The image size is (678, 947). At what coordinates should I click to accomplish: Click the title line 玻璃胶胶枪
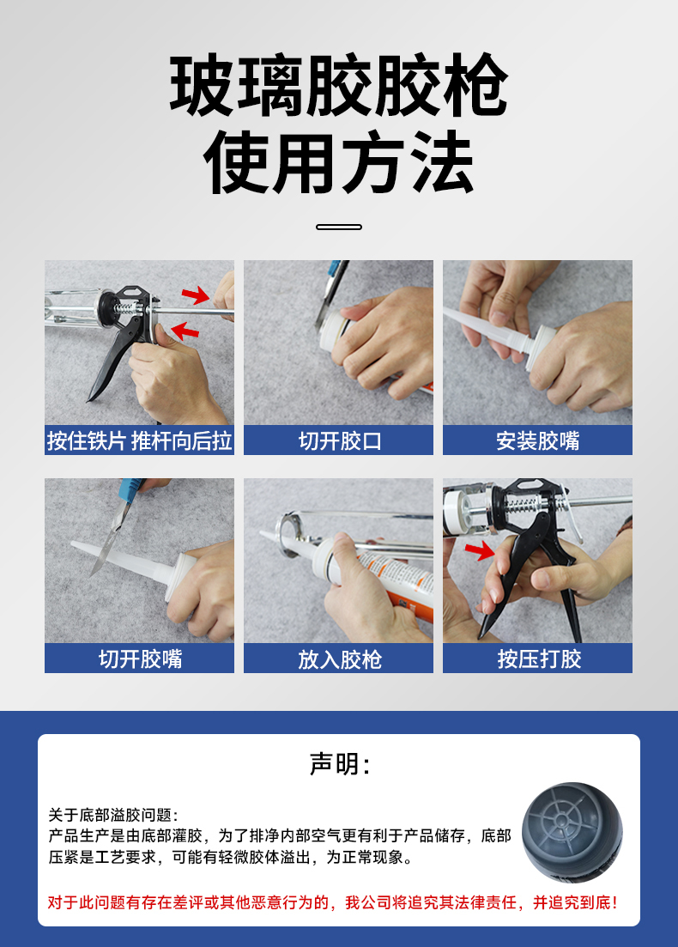pos(339,85)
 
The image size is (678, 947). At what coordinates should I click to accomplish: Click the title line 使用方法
pos(339,162)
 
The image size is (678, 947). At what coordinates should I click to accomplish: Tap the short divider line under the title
pos(339,227)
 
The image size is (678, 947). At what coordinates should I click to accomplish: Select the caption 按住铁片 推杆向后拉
pos(140,440)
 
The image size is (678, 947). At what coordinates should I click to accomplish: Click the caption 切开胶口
pos(339,440)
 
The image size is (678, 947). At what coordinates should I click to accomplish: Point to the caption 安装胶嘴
pos(537,440)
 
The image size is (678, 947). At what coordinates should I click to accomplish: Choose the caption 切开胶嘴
pos(140,659)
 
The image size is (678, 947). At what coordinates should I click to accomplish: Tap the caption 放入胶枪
pos(339,659)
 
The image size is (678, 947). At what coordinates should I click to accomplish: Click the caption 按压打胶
pos(538,659)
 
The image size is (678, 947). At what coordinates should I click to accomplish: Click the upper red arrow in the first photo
pos(196,295)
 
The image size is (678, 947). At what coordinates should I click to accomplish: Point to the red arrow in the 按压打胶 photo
pos(480,550)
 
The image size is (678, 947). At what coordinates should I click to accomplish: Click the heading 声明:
pos(339,764)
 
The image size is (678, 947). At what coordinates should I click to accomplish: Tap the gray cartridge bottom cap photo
pos(572,832)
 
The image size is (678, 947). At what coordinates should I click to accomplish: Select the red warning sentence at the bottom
pos(333,902)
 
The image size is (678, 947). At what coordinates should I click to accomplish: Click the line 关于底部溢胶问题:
pos(113,815)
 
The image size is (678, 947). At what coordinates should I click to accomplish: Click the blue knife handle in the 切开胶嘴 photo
pos(131,487)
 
